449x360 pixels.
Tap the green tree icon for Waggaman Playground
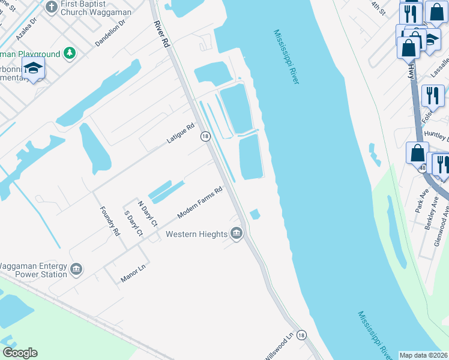tap(70, 53)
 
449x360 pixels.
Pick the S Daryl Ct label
tap(132, 223)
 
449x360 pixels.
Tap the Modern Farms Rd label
tap(200, 203)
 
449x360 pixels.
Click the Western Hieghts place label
tap(196, 234)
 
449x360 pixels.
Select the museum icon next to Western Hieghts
tap(237, 233)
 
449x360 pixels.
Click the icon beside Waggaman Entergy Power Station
tap(76, 269)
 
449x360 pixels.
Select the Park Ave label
tap(420, 203)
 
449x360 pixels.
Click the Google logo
tap(20, 353)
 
